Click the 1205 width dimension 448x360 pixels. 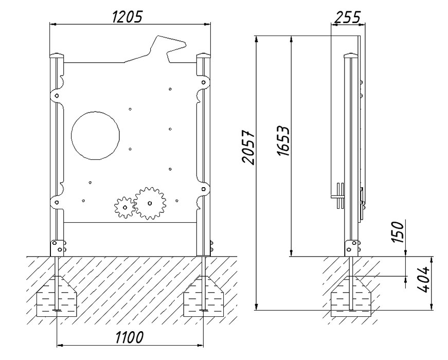(x=127, y=17)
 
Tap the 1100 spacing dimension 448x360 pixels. (x=129, y=337)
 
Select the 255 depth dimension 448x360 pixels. (x=347, y=17)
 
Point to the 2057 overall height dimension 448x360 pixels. (x=248, y=148)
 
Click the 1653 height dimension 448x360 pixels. (x=283, y=141)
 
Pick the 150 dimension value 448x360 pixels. (x=398, y=232)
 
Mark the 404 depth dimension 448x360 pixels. (x=423, y=279)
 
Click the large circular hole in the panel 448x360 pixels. (x=96, y=135)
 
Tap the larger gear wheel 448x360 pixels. (x=150, y=203)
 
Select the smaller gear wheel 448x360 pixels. (x=125, y=207)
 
